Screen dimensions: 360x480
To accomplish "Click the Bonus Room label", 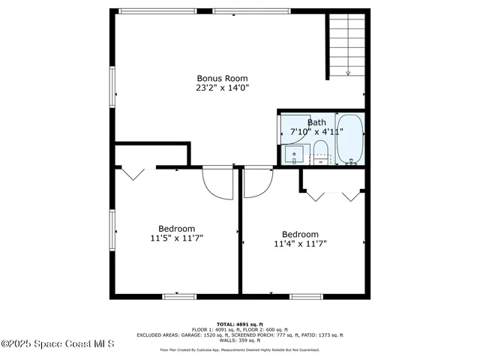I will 222,78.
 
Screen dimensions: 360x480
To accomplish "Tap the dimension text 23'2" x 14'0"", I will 222,88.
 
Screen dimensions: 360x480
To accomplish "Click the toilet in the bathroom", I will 319,150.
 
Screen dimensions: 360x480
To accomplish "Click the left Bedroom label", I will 176,229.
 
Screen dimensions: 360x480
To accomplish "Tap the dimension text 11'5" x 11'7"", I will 176,238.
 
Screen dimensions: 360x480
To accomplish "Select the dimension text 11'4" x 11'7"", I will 300,243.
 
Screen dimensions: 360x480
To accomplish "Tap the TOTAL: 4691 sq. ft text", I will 240,323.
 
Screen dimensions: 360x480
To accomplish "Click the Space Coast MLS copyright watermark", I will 57,344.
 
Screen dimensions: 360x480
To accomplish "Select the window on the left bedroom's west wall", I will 113,232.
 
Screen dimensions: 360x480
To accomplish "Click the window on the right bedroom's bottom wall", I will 307,296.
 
